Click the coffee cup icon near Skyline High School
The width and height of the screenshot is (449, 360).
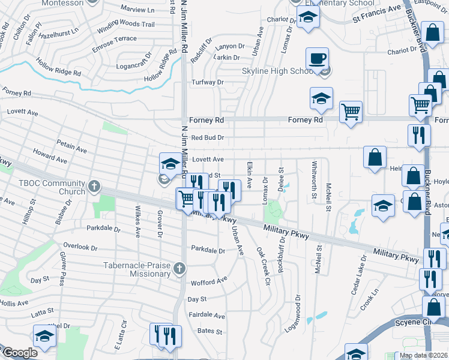(x=317, y=59)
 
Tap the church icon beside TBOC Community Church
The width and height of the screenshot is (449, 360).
(x=93, y=186)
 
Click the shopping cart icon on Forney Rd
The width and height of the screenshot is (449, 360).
(x=351, y=111)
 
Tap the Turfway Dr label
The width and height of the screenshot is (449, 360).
(x=207, y=82)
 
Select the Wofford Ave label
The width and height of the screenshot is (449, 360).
(x=209, y=281)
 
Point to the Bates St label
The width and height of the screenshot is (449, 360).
(x=209, y=331)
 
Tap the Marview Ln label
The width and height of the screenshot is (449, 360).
(x=137, y=10)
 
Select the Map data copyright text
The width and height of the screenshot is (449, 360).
(x=423, y=355)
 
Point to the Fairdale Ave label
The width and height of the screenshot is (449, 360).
(x=206, y=316)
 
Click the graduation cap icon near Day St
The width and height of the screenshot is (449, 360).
(x=44, y=336)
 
